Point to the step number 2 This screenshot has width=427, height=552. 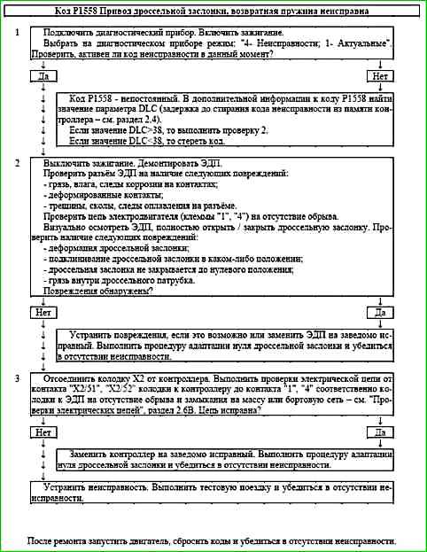[x=17, y=164]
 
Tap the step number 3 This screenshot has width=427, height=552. [x=17, y=377]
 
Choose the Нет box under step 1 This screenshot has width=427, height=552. [x=381, y=76]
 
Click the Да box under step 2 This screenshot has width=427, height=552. [x=381, y=313]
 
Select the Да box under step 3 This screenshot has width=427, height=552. [x=381, y=431]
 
